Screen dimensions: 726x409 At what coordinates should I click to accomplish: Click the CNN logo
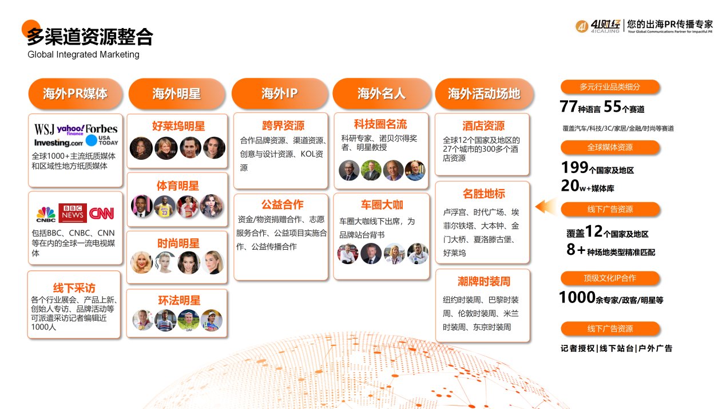[101, 213]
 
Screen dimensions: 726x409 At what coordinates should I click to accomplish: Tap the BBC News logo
[73, 213]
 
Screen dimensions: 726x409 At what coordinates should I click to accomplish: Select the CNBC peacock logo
[46, 214]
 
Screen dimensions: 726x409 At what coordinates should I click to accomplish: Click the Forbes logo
[101, 129]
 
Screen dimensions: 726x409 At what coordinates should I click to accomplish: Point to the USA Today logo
[102, 140]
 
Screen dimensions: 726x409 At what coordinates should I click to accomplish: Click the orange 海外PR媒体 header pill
[75, 93]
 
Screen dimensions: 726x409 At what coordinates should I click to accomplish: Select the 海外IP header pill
[279, 93]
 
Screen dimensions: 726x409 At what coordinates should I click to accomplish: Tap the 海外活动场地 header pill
[484, 93]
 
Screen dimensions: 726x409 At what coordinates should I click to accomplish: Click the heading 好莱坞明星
[178, 126]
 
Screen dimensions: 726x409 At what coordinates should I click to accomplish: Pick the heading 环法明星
[179, 300]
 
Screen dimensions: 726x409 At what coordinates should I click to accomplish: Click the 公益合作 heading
[282, 204]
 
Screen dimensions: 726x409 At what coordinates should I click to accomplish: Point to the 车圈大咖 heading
[382, 205]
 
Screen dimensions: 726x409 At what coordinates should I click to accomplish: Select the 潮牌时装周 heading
[484, 281]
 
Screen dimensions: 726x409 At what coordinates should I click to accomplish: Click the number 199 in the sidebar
[574, 167]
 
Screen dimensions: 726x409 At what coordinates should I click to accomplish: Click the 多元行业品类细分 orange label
[610, 86]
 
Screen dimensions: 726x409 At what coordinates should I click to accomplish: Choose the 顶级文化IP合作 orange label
[610, 278]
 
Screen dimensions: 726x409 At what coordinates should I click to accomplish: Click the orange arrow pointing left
[546, 206]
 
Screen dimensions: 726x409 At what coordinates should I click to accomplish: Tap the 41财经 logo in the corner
[598, 26]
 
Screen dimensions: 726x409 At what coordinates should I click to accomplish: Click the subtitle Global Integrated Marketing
[84, 54]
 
